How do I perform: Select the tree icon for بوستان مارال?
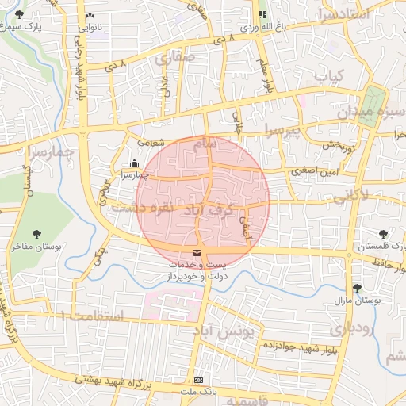tap(358, 287)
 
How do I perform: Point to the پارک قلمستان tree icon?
tap(384, 234)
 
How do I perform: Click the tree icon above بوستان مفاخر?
tap(36, 234)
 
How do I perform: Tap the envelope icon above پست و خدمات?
tap(197, 252)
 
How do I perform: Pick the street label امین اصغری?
tap(312, 170)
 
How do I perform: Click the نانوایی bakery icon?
tap(90, 15)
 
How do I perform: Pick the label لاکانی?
tap(350, 193)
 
